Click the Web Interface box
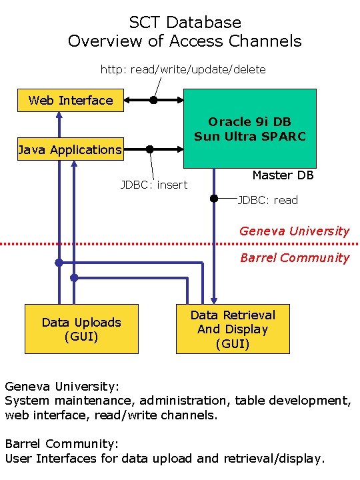click(71, 101)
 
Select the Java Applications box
click(70, 150)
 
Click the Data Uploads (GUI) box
click(81, 329)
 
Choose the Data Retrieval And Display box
click(233, 329)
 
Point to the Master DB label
click(283, 175)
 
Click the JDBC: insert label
click(154, 185)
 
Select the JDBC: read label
click(268, 200)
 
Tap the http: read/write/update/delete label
click(183, 69)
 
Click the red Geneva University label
click(294, 231)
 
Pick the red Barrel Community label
click(294, 258)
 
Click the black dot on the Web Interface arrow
click(153, 101)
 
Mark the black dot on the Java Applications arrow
click(150, 149)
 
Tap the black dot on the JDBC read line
click(214, 198)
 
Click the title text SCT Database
click(185, 23)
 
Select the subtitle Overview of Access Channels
click(185, 41)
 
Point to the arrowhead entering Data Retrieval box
click(214, 299)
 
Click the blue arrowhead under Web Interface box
click(59, 115)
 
